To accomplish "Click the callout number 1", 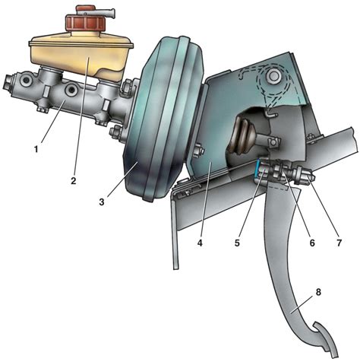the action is (36, 149).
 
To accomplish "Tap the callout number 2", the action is (74, 181).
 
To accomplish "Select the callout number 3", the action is (102, 202).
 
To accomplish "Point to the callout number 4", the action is (200, 243).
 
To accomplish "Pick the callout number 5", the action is (237, 243).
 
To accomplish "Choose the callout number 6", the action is (312, 243).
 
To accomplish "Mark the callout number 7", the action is (339, 243).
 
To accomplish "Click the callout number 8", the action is (318, 292).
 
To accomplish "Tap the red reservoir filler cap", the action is (85, 22).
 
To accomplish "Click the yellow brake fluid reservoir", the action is (81, 56).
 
